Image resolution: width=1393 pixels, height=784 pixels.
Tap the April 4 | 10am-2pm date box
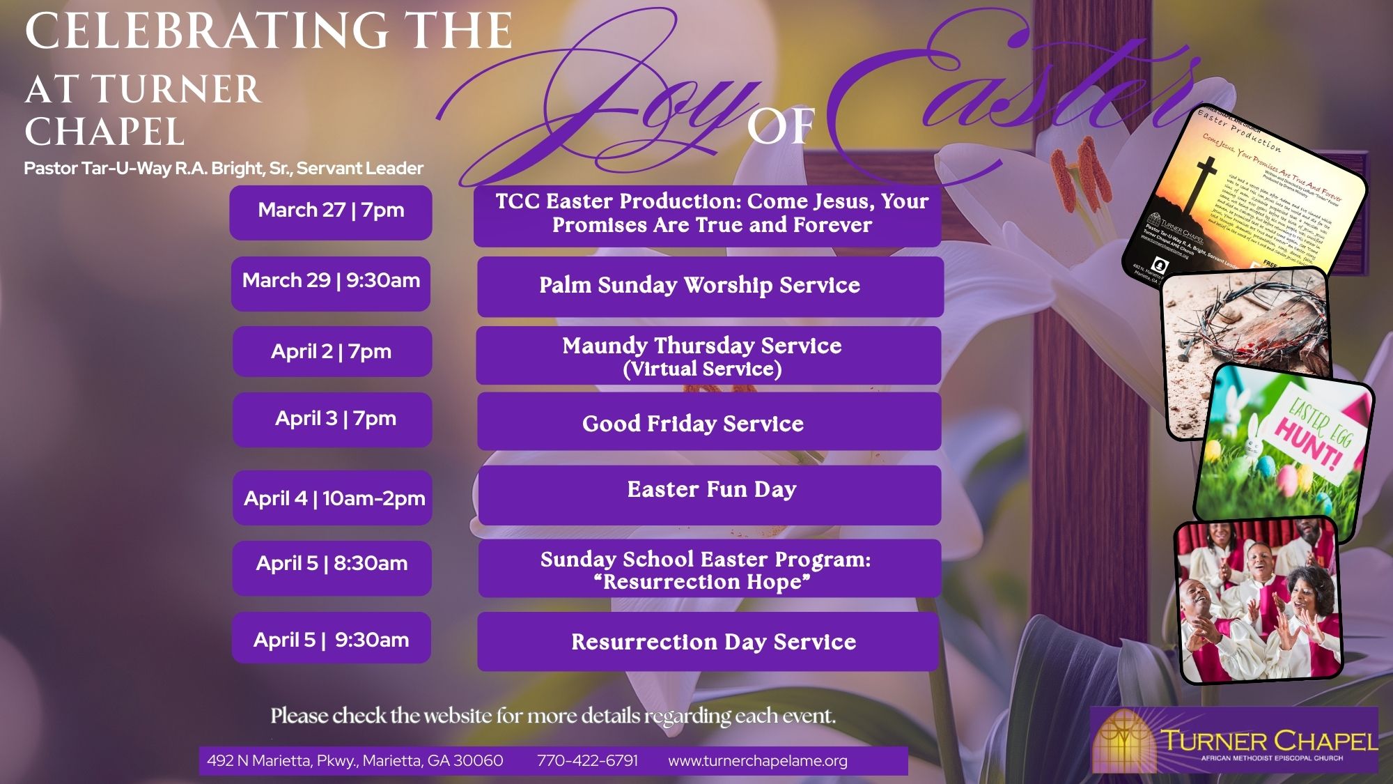[x=333, y=498]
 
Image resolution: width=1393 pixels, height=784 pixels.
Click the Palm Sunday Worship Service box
[x=710, y=286]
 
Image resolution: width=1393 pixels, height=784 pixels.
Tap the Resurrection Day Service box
[x=708, y=641]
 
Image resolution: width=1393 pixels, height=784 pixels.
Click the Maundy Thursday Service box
[x=708, y=355]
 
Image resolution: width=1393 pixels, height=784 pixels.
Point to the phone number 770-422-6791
[x=587, y=760]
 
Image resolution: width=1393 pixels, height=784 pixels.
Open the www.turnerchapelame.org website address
[x=758, y=761]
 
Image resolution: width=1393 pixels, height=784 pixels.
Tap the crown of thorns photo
[x=1247, y=348]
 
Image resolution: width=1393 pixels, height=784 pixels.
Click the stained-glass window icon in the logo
[x=1123, y=741]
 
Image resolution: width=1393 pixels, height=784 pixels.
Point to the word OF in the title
[x=781, y=127]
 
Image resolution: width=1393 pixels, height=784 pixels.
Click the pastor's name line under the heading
[x=224, y=169]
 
